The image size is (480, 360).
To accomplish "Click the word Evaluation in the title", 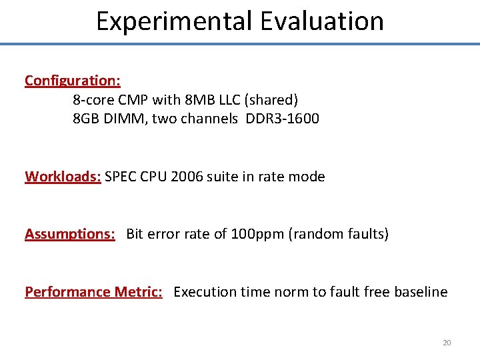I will [322, 21].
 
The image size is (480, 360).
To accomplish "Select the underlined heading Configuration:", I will [73, 81].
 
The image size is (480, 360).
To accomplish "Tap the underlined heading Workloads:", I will [63, 177].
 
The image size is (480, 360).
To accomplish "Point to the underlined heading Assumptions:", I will [70, 234].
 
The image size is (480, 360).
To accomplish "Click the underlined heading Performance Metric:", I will [93, 292].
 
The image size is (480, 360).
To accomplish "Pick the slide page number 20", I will [447, 343].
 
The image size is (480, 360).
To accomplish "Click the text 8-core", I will [93, 100].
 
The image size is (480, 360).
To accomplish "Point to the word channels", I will [210, 119].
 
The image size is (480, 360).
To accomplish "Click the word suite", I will [225, 177].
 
